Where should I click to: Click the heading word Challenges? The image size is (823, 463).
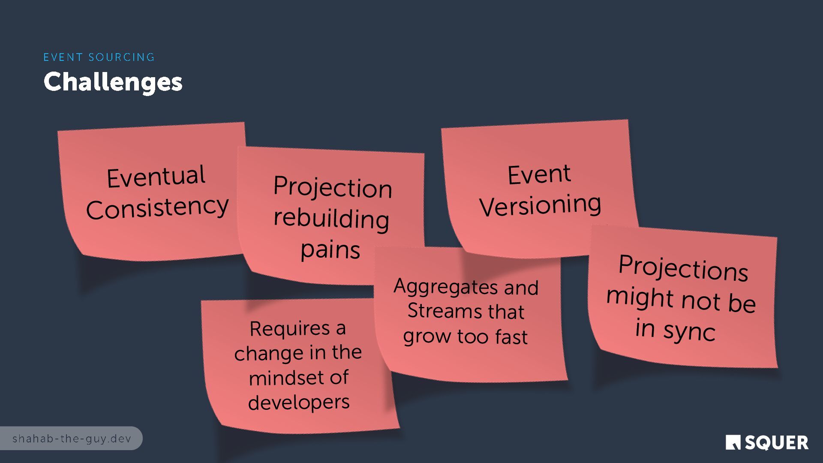[113, 82]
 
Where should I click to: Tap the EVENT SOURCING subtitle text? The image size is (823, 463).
[99, 57]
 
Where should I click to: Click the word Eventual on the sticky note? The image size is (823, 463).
[156, 176]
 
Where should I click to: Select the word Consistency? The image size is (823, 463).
[157, 208]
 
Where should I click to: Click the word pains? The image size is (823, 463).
[330, 250]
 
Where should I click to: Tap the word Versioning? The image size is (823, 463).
[540, 205]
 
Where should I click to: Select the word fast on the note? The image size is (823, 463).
[511, 337]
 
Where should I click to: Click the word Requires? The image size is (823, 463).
[290, 329]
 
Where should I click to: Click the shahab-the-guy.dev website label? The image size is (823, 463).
[72, 439]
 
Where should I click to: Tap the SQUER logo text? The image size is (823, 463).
[776, 443]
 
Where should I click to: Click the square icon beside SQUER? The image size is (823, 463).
[733, 442]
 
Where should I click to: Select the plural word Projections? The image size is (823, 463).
[683, 268]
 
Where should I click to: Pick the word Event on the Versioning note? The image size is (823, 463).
[539, 175]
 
